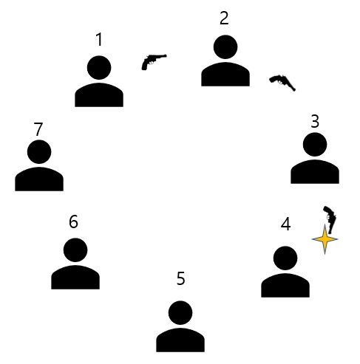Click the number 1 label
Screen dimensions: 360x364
(x=99, y=40)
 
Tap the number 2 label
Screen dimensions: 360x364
(x=224, y=18)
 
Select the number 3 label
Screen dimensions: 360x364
(x=315, y=121)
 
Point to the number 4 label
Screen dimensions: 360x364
(x=285, y=224)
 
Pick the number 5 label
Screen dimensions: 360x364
(x=180, y=278)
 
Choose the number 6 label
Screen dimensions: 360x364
(x=73, y=222)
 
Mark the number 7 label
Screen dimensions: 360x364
(x=38, y=129)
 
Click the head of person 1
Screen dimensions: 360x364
(x=99, y=68)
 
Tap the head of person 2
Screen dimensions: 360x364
(x=225, y=47)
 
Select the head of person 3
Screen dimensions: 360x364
(x=315, y=145)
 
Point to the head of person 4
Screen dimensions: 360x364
(x=285, y=258)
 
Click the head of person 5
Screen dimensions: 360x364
(x=180, y=313)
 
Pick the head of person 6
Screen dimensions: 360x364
(x=75, y=250)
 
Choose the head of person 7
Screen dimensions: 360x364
(x=39, y=152)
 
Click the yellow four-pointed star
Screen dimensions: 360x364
(x=325, y=239)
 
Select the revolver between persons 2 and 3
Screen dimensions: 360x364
(x=282, y=81)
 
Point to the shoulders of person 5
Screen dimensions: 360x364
(x=180, y=340)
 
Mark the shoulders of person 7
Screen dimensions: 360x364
(x=39, y=179)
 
